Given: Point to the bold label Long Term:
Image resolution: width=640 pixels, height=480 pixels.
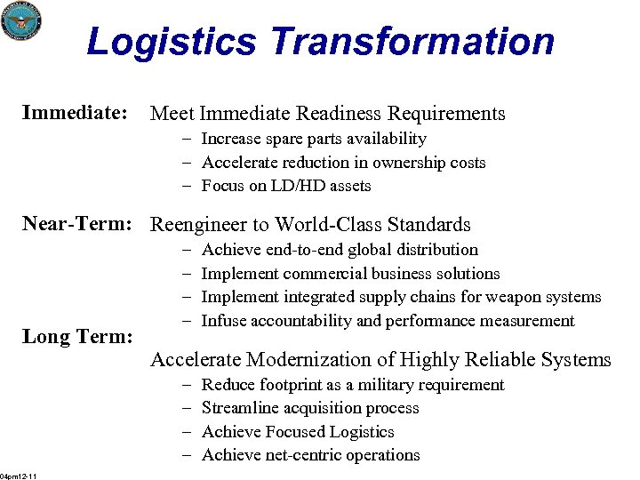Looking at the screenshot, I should pos(77,337).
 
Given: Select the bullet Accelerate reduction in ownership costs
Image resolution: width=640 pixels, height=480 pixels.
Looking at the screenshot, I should pos(343,163).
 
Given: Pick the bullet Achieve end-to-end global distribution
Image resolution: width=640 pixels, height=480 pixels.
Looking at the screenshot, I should pos(340,250).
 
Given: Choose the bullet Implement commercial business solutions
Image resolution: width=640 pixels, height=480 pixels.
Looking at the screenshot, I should pos(350,274).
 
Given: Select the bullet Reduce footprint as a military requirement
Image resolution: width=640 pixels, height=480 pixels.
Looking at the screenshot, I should pos(352,385).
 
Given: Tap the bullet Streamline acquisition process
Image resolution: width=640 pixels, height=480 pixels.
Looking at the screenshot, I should pos(310,408).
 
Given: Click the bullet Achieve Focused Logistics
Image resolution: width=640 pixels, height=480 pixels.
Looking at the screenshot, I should pos(298,432).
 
